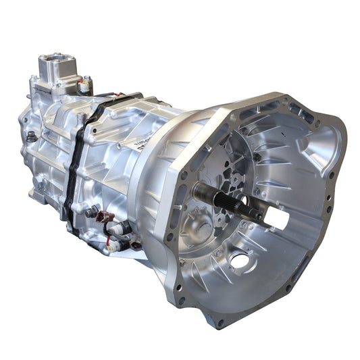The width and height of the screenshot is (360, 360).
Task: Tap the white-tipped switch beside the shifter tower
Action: coord(85,86)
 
